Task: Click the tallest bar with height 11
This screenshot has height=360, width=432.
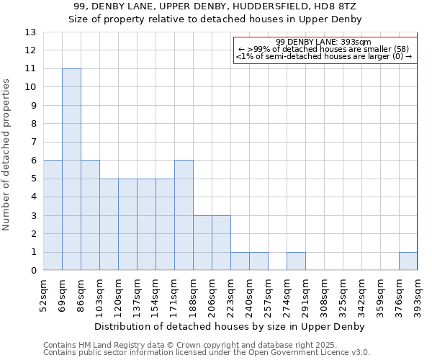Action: coord(71,169)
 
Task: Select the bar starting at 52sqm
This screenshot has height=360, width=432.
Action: coord(53,215)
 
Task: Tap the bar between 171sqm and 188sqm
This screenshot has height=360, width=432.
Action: coord(184,215)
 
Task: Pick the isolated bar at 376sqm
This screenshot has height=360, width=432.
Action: coord(408,261)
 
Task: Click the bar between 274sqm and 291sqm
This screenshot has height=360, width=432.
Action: coord(296,261)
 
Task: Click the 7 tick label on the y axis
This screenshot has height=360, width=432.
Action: coord(32,142)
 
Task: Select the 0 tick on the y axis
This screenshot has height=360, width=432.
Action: coord(32,271)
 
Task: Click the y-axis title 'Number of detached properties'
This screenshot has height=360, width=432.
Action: coord(7,155)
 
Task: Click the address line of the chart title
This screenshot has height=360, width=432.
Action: coord(215,6)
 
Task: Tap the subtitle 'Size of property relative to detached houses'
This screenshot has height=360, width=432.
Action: coord(215,19)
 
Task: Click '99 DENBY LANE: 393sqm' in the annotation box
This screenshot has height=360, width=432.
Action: coord(323,42)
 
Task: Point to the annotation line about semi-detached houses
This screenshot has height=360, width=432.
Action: coord(324,55)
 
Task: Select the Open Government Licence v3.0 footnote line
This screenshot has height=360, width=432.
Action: coord(207,353)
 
